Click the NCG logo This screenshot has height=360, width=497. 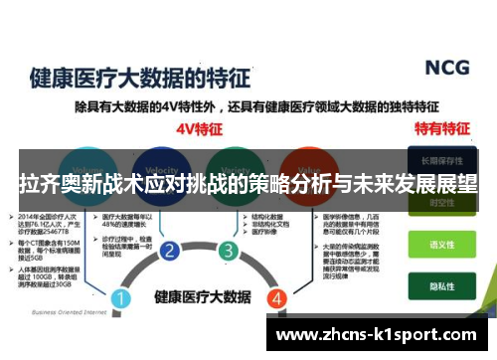click(449, 68)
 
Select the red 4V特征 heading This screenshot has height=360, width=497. click(197, 128)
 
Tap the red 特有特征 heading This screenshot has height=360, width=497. click(440, 128)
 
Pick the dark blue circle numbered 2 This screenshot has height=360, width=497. click(171, 251)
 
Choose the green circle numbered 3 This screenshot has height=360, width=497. click(229, 251)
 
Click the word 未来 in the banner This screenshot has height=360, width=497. click(366, 184)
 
